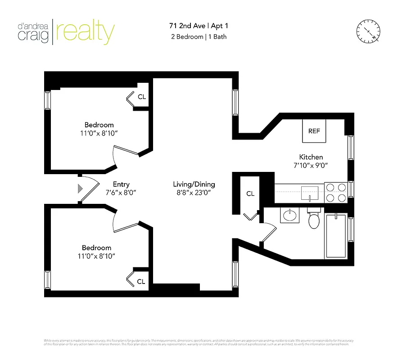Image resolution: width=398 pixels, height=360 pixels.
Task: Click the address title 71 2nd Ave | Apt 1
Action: [199, 27]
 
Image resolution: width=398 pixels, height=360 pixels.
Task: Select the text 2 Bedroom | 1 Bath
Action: [199, 37]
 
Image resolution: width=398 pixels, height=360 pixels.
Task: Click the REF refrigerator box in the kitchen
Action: [314, 131]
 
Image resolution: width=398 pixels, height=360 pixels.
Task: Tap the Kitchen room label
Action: [311, 157]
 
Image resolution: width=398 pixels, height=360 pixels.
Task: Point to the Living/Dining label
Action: [194, 184]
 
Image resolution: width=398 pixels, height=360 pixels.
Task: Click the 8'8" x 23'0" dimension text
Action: [194, 192]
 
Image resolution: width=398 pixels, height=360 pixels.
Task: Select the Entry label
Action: [121, 184]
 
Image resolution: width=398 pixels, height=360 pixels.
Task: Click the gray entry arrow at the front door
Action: [81, 189]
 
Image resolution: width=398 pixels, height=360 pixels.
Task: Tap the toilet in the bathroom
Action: [313, 220]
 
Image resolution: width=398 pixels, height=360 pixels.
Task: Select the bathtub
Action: [335, 236]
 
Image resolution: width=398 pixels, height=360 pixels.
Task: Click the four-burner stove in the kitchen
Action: [335, 192]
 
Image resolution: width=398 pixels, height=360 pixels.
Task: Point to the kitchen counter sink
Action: [310, 192]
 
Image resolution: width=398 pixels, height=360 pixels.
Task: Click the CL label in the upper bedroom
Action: [142, 97]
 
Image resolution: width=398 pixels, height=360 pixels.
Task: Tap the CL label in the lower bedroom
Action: [141, 282]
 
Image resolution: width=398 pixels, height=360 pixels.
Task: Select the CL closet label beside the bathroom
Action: [250, 193]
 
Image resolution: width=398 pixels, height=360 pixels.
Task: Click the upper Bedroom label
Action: [99, 125]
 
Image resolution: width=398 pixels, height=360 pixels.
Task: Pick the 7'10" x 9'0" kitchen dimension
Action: [311, 165]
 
